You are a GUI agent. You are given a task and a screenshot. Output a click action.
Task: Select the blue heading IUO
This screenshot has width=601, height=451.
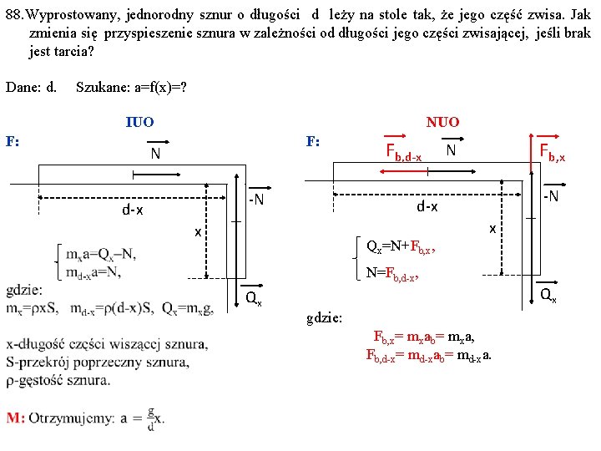[139, 122]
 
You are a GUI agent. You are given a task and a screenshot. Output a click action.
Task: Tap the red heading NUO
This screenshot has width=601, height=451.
[442, 122]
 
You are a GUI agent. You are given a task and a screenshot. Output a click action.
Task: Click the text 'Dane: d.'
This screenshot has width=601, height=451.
[31, 87]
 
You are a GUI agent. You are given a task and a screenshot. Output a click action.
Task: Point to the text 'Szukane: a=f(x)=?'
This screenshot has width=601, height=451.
[130, 87]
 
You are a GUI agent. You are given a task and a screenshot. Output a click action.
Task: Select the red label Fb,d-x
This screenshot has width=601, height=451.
[402, 151]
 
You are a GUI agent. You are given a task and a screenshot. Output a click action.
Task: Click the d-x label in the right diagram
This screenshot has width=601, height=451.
[428, 205]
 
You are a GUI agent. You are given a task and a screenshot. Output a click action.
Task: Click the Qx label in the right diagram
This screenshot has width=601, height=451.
[548, 294]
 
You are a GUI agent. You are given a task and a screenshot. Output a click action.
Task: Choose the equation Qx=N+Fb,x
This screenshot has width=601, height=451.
[401, 246]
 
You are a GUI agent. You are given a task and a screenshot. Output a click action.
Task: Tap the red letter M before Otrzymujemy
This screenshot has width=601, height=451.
[14, 418]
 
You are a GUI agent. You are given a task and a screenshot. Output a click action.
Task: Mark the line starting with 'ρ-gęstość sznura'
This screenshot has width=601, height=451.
[69, 380]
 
